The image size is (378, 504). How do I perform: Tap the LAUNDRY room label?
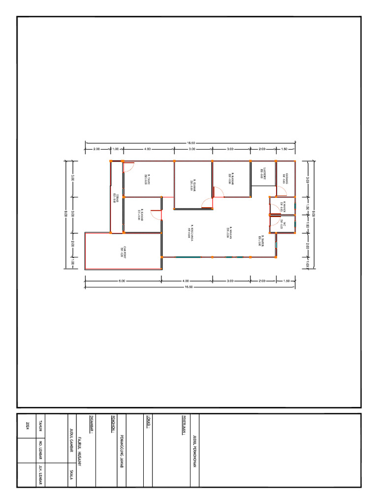(x=263, y=173)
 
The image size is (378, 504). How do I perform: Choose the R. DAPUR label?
(x=258, y=240)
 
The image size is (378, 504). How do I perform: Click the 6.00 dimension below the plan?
(x=122, y=281)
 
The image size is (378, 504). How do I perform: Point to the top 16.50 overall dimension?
(x=190, y=143)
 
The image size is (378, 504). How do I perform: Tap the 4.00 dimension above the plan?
(x=148, y=148)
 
